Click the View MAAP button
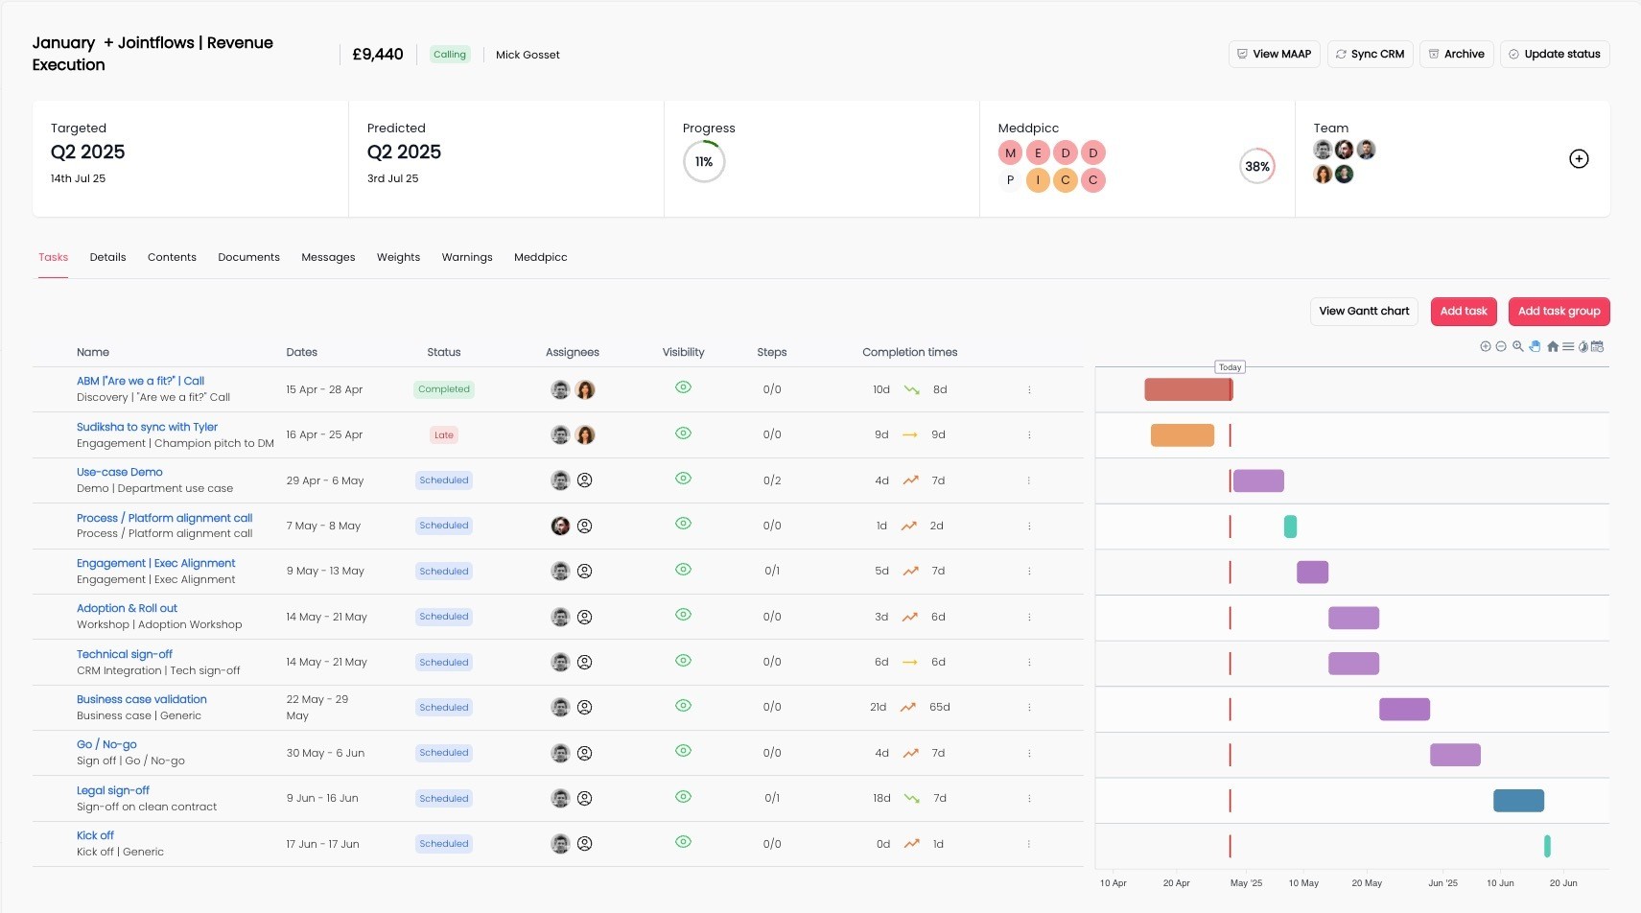point(1274,55)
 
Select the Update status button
point(1555,55)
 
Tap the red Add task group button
point(1559,312)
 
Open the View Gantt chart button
point(1364,312)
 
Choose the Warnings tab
point(467,257)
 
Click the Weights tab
point(398,257)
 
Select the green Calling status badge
point(449,55)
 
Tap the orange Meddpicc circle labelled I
point(1038,180)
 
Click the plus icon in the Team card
point(1579,159)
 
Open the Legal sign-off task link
point(113,790)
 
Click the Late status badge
point(443,435)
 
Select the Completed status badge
point(443,389)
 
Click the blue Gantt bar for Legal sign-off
point(1518,800)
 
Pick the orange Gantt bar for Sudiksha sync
point(1183,435)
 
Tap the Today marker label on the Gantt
point(1230,367)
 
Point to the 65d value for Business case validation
point(939,707)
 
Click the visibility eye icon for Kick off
point(683,842)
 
